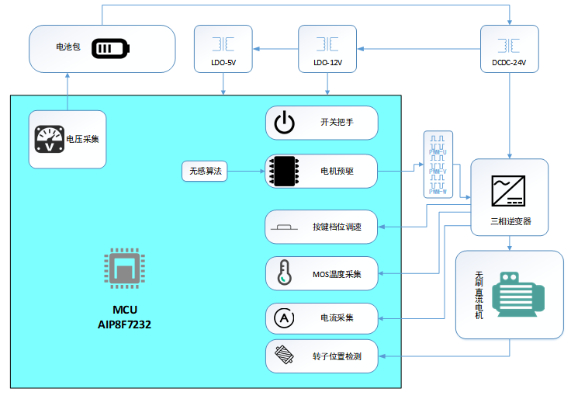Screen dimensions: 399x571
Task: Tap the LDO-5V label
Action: point(224,61)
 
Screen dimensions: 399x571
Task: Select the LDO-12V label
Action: point(327,61)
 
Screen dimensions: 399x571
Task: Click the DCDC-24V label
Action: point(509,61)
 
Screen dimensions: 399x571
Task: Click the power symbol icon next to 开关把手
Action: point(285,123)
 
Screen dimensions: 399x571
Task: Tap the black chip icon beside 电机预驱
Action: point(285,170)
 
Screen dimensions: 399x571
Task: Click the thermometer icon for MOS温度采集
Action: point(285,273)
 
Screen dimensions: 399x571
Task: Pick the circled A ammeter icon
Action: point(284,317)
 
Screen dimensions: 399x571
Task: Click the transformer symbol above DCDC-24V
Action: point(509,43)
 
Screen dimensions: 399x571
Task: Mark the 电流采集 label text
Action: point(337,317)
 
